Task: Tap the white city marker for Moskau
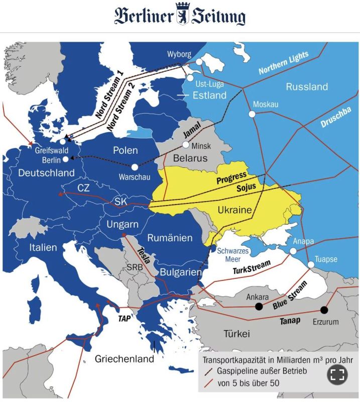pos(252,114)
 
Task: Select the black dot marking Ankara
pos(259,306)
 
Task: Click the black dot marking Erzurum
pos(324,310)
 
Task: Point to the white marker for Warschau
pos(135,167)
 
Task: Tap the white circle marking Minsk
pos(186,145)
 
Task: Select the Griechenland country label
pos(125,359)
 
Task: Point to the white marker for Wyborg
pos(199,62)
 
